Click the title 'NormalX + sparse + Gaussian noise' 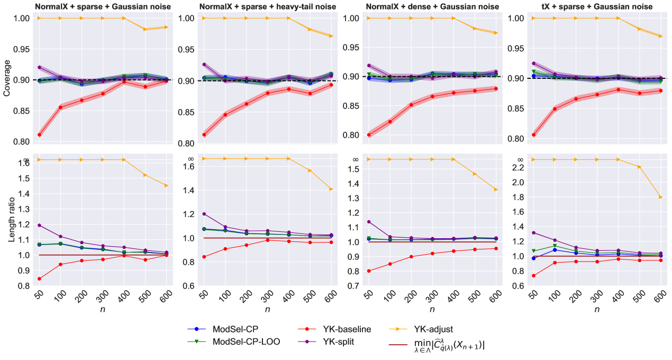click(x=103, y=6)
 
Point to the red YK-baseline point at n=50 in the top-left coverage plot click(x=40, y=135)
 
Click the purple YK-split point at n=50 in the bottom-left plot click(x=40, y=225)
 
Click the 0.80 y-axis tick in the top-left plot click(x=23, y=142)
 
